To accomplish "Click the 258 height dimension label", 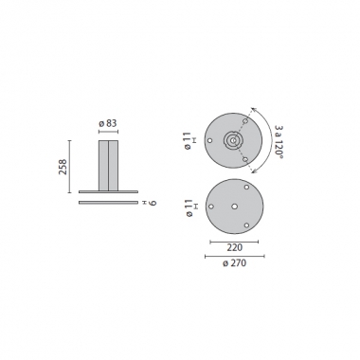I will point(63,168).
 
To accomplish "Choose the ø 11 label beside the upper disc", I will point(191,140).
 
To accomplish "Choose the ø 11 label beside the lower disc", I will point(191,206).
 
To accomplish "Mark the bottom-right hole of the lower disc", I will point(244,224).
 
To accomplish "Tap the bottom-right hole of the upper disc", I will point(245,158).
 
